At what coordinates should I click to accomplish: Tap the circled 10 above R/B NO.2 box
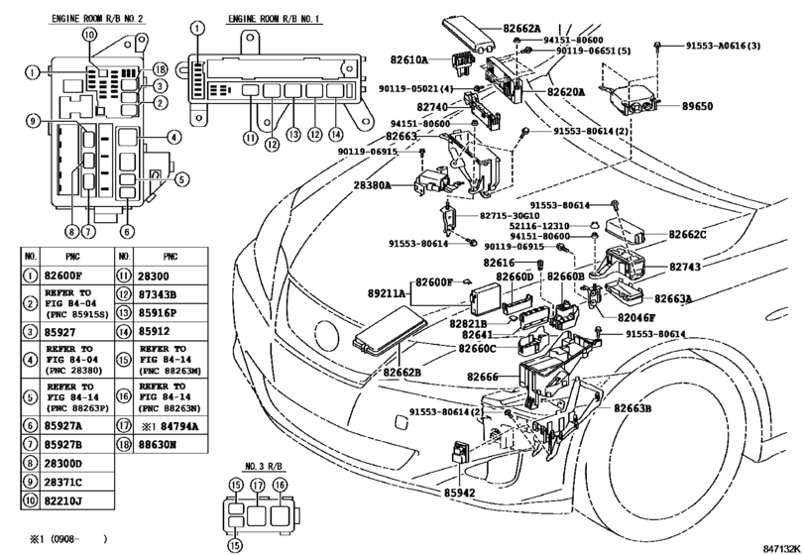pos(88,35)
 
